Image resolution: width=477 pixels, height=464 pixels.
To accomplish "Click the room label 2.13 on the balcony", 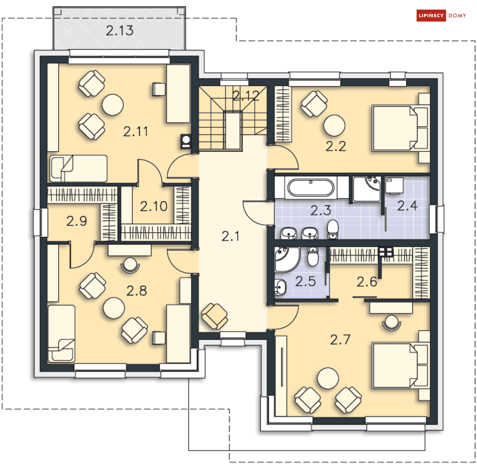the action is pyautogui.click(x=119, y=30).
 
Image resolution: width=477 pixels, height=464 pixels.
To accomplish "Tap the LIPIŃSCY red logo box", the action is pyautogui.click(x=431, y=15).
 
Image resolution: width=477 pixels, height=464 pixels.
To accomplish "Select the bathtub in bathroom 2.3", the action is pyautogui.click(x=311, y=187).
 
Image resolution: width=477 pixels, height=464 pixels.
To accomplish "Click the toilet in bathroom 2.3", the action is pyautogui.click(x=333, y=229).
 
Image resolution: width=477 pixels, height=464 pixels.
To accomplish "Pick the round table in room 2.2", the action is pyautogui.click(x=334, y=125).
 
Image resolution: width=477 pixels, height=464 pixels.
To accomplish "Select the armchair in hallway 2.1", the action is pyautogui.click(x=214, y=316).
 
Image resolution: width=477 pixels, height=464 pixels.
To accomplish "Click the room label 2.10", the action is pyautogui.click(x=153, y=206).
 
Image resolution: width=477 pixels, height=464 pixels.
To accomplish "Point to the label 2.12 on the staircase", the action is pyautogui.click(x=246, y=96).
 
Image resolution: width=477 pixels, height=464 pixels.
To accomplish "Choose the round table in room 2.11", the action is pyautogui.click(x=113, y=105).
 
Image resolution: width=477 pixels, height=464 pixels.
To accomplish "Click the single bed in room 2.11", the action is pyautogui.click(x=79, y=169).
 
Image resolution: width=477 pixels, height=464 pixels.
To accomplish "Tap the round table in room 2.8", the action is pyautogui.click(x=114, y=308).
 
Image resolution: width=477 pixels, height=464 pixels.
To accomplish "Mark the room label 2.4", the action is pyautogui.click(x=407, y=206).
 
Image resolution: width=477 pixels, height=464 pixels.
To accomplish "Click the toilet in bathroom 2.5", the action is pyautogui.click(x=313, y=256).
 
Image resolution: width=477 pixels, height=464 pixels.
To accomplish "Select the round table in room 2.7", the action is pyautogui.click(x=327, y=378).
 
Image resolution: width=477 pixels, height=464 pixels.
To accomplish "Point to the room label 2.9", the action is pyautogui.click(x=77, y=221).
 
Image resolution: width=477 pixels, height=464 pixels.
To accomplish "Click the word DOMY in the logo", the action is pyautogui.click(x=457, y=15).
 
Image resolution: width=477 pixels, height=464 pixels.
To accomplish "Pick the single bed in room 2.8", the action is pyautogui.click(x=61, y=333).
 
